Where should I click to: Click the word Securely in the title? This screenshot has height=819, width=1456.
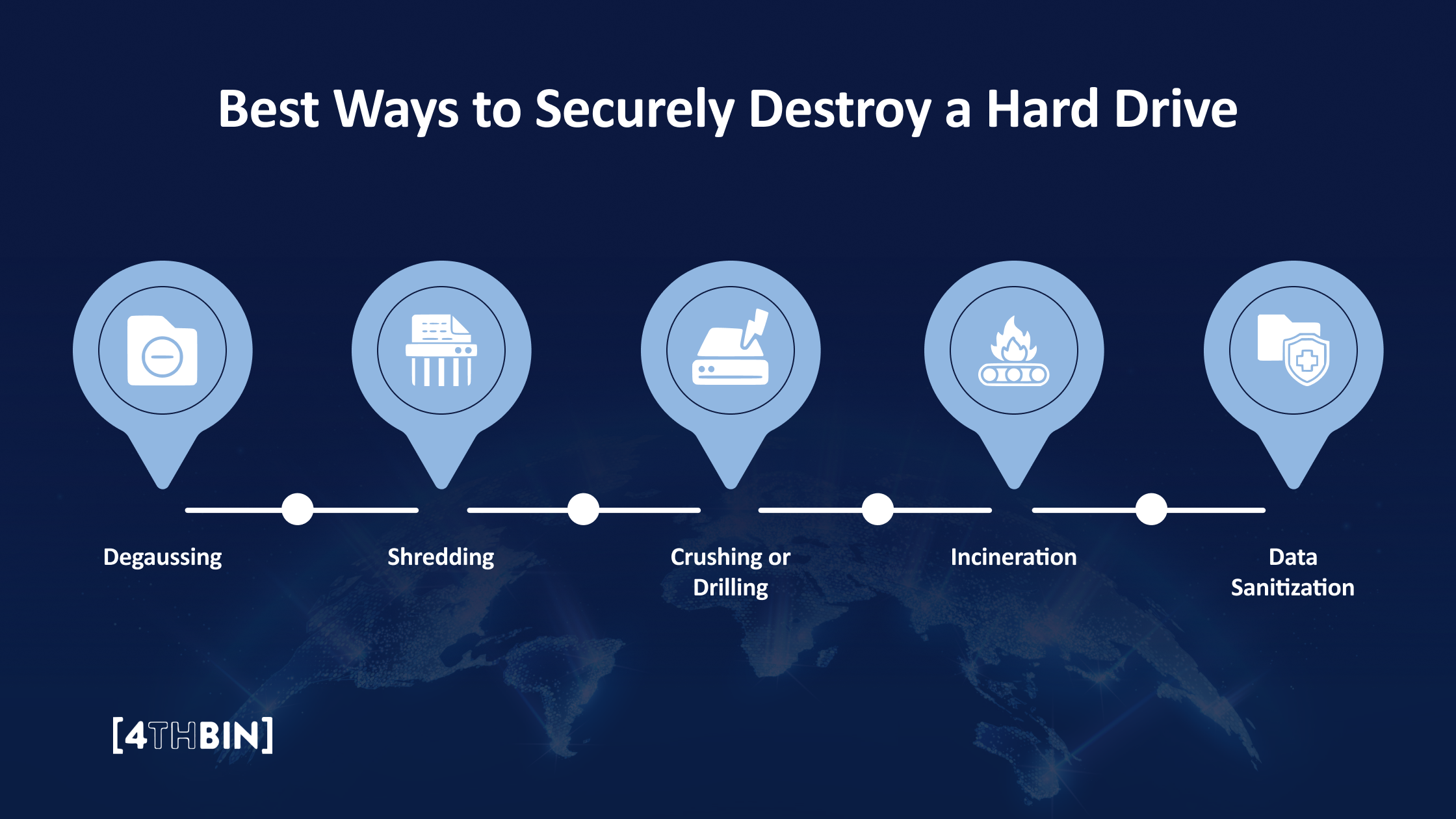tap(634, 109)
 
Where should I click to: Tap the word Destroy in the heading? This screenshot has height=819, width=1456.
tap(840, 109)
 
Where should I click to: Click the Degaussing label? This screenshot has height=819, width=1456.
tap(162, 558)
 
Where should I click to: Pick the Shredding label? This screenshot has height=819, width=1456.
tap(441, 558)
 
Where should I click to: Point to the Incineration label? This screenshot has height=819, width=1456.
tap(1013, 558)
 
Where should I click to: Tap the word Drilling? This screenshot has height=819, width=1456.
tap(731, 588)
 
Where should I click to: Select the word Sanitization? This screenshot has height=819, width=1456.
tap(1292, 588)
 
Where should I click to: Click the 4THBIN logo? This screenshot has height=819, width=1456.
tap(192, 736)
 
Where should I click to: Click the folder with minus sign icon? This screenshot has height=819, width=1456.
tap(162, 351)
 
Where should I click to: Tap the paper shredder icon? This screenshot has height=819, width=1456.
tap(441, 351)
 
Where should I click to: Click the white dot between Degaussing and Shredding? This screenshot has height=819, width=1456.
tap(298, 509)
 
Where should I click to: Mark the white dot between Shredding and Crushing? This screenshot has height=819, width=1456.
tap(583, 509)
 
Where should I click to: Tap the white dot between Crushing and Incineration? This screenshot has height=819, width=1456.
tap(877, 509)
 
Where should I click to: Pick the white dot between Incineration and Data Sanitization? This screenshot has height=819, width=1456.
tap(1151, 509)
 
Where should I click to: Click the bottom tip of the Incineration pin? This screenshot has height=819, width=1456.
tap(1013, 484)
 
